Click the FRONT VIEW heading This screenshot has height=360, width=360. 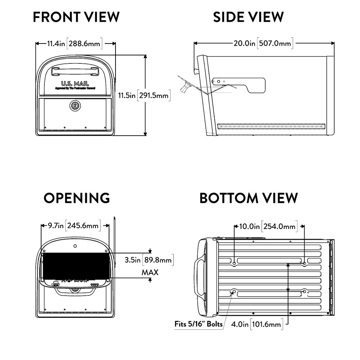(76, 17)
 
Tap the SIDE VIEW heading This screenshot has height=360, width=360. (248, 17)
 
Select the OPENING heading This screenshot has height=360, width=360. (77, 198)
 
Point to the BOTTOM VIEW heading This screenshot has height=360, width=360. (249, 198)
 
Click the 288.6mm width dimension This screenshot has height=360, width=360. (84, 44)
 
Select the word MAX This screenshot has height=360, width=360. (150, 272)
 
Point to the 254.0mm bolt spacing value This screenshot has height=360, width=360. (279, 226)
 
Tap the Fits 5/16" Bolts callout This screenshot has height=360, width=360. (199, 324)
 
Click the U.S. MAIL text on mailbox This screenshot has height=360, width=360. (75, 83)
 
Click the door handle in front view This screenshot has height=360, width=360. (75, 71)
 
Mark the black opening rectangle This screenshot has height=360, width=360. (76, 265)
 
